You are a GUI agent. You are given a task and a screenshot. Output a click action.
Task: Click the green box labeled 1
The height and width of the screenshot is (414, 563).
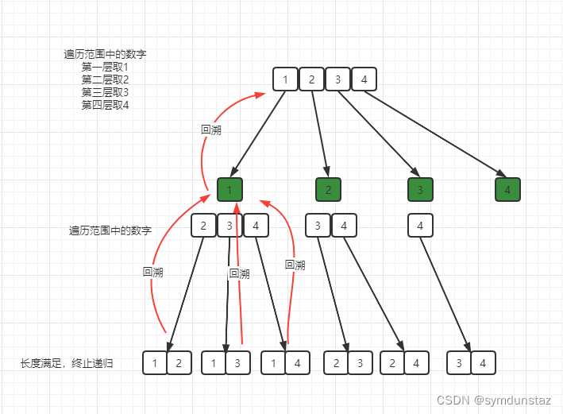pyautogui.click(x=229, y=190)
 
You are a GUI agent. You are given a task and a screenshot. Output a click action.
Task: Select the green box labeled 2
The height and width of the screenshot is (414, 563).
pyautogui.click(x=328, y=190)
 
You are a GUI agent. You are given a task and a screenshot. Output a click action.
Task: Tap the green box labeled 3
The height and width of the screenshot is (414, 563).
pyautogui.click(x=420, y=190)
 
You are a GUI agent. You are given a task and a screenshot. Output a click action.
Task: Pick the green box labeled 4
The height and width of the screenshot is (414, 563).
pyautogui.click(x=507, y=190)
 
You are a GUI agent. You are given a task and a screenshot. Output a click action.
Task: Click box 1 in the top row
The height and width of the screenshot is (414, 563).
pyautogui.click(x=285, y=79)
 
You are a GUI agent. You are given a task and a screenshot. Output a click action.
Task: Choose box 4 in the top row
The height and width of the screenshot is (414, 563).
pyautogui.click(x=364, y=79)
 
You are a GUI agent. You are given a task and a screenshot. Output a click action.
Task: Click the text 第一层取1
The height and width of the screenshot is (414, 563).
pyautogui.click(x=105, y=68)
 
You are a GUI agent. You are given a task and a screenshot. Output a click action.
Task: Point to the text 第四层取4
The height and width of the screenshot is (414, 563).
pyautogui.click(x=105, y=105)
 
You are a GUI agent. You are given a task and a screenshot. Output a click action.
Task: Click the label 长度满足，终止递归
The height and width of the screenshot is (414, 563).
pyautogui.click(x=67, y=363)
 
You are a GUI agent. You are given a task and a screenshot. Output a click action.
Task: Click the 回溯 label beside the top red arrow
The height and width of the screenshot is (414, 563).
pyautogui.click(x=211, y=130)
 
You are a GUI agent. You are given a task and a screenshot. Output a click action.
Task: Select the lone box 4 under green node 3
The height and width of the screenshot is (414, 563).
pyautogui.click(x=420, y=226)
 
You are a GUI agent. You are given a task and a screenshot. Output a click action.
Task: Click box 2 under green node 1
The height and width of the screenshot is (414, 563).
pyautogui.click(x=203, y=226)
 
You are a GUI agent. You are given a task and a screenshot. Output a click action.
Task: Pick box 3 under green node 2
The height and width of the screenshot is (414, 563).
pyautogui.click(x=318, y=226)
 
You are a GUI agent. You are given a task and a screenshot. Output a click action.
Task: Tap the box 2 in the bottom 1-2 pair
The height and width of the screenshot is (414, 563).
pyautogui.click(x=179, y=363)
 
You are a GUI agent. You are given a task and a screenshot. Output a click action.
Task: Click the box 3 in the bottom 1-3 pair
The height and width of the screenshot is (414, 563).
pyautogui.click(x=238, y=363)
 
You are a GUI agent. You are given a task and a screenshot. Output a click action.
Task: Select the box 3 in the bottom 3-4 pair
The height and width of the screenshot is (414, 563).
pyautogui.click(x=459, y=363)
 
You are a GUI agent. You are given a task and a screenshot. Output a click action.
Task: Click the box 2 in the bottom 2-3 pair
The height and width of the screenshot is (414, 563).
pyautogui.click(x=337, y=363)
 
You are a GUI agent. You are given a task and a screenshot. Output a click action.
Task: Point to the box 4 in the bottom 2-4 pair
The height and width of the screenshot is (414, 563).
pyautogui.click(x=416, y=363)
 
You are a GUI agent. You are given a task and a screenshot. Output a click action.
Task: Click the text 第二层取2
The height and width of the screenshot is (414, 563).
pyautogui.click(x=105, y=80)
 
